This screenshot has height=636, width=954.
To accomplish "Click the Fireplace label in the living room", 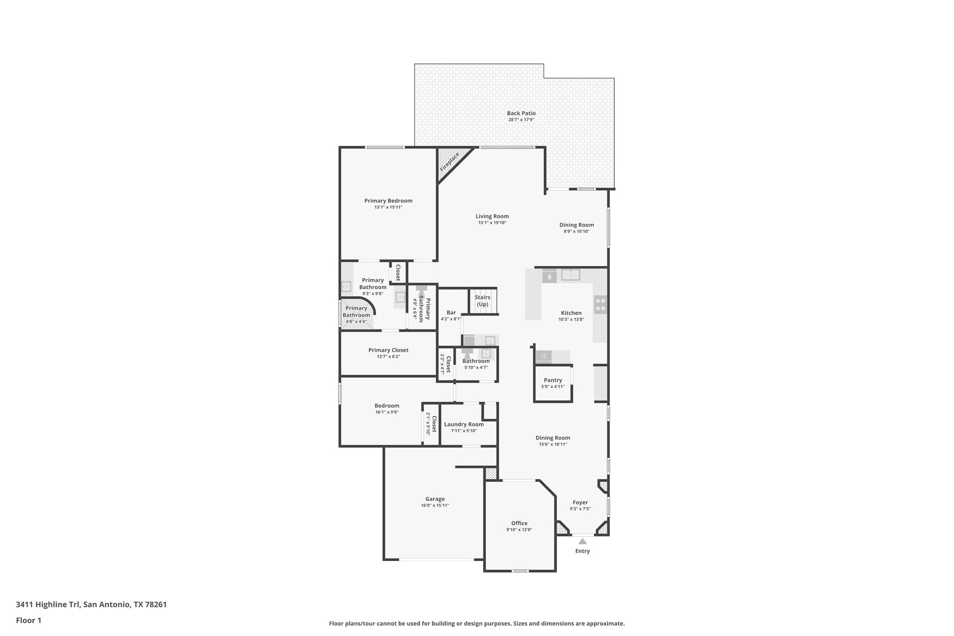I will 450,162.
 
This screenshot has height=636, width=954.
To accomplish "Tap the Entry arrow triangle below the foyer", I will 582,541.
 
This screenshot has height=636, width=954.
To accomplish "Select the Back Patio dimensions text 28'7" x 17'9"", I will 521,120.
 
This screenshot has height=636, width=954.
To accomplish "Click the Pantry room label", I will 552,380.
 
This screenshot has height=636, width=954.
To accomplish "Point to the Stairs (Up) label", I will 482,301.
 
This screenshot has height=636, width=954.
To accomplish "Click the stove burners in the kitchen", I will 600,304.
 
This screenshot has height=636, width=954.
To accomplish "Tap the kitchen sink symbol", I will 570,275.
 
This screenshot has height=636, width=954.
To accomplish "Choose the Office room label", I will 519,523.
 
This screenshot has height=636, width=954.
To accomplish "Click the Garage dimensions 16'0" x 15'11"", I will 435,506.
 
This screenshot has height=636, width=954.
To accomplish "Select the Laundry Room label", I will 463,424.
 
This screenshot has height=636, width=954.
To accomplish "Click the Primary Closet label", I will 388,350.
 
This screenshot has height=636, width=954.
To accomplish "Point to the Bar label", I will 451,313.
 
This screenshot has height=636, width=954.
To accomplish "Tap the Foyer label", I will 580,502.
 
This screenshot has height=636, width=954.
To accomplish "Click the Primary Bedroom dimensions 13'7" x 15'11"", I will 388,207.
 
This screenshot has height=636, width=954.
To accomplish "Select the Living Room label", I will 492,216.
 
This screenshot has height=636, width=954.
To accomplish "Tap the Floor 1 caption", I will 28,621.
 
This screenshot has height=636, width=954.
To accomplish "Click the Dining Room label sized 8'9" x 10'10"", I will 576,225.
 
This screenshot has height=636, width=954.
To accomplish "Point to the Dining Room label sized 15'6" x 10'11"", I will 552,438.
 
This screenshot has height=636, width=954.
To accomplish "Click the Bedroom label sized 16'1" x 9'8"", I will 387,406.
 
